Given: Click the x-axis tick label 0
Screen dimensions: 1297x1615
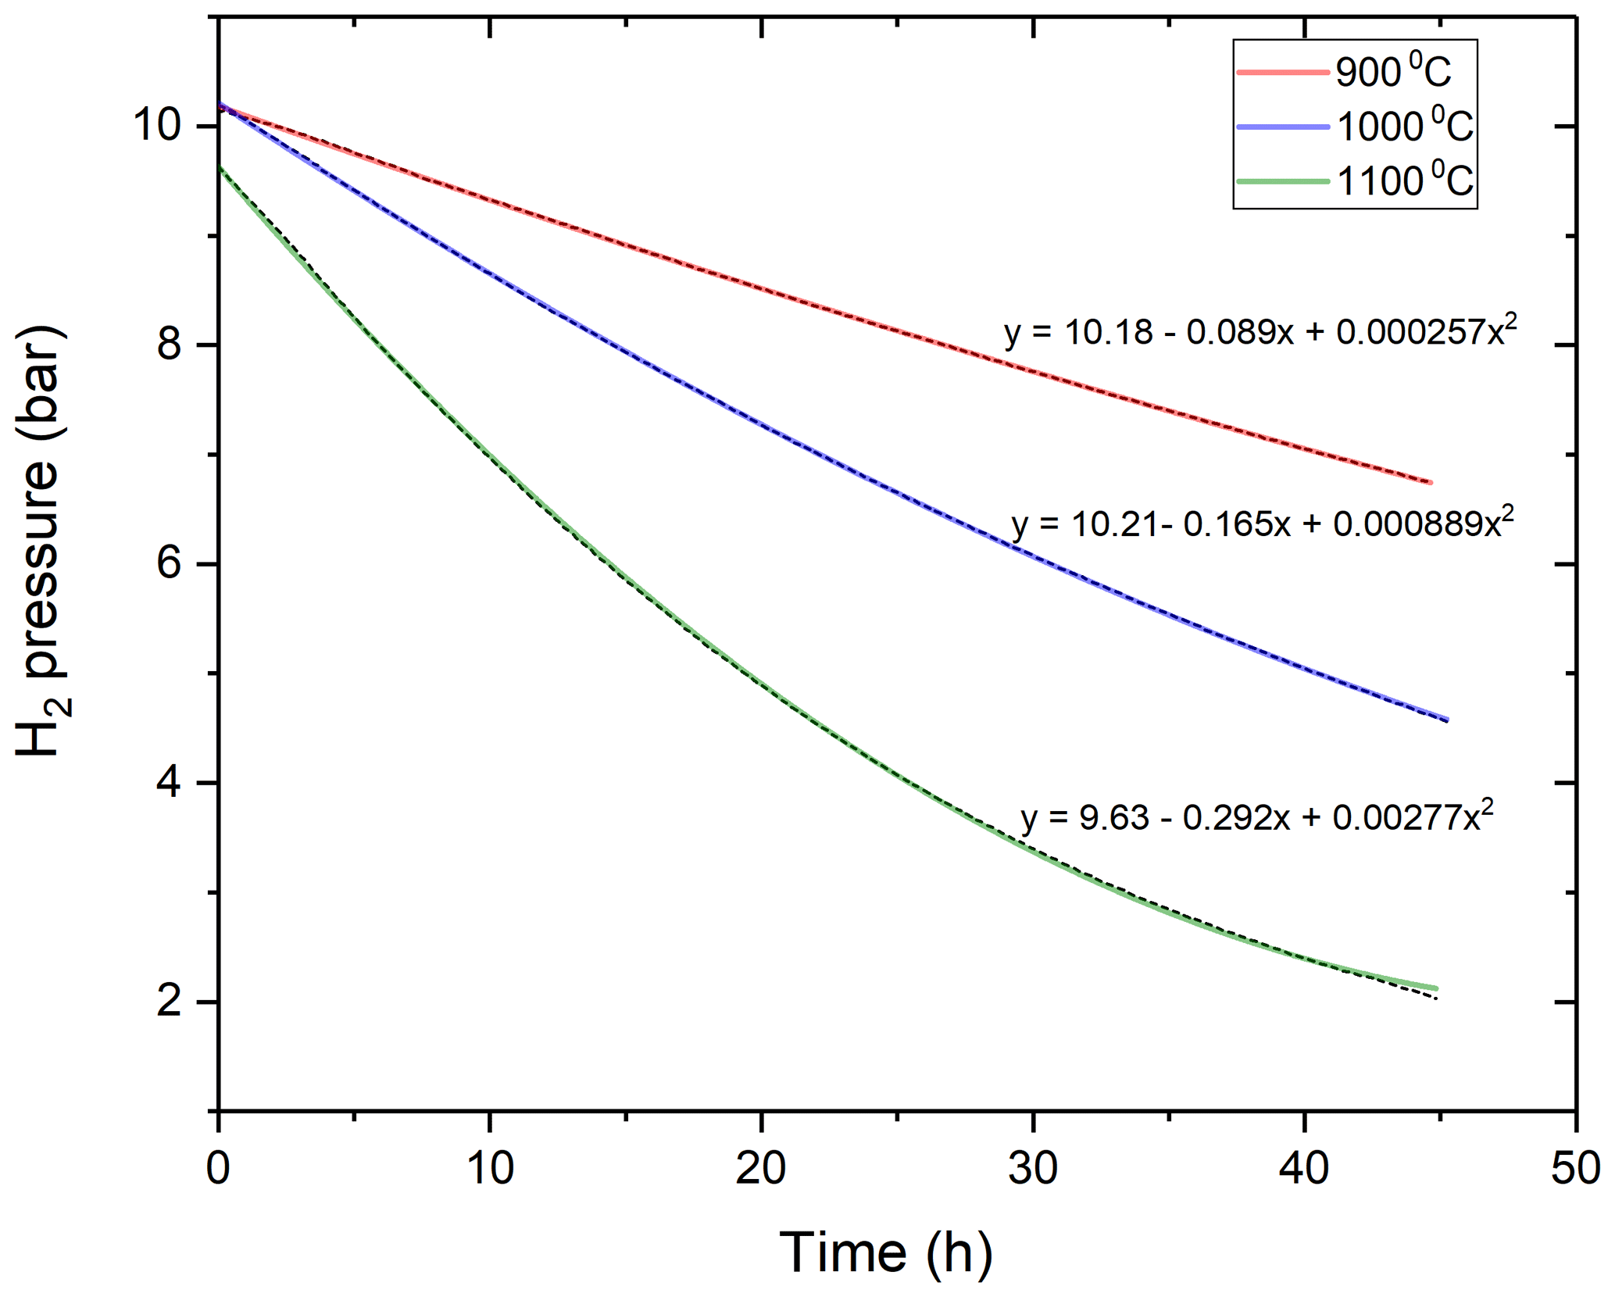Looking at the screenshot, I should click(x=218, y=1169).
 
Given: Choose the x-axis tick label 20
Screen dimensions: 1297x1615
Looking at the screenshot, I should click(x=761, y=1169).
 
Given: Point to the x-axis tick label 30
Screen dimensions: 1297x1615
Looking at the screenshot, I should click(x=1033, y=1169).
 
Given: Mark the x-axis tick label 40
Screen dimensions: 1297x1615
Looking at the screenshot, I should click(x=1304, y=1169).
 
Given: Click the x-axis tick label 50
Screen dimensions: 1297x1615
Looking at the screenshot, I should click(x=1575, y=1169).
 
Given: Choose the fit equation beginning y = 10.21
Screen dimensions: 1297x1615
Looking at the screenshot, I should click(x=1262, y=523).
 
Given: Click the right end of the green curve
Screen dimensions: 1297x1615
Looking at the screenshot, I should click(x=1436, y=988).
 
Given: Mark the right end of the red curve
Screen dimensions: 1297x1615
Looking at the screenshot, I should click(x=1431, y=482).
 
